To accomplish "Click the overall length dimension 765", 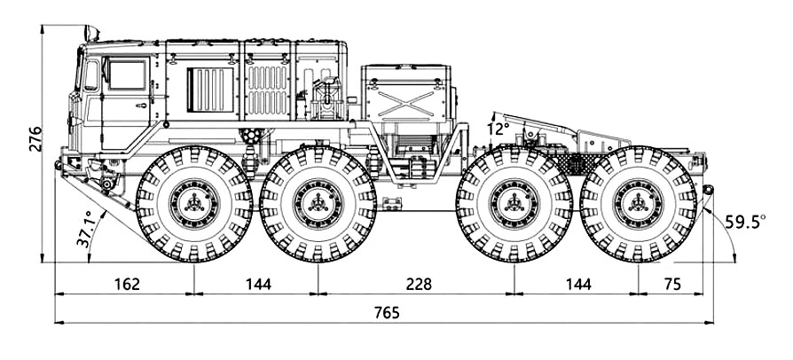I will pyautogui.click(x=387, y=312).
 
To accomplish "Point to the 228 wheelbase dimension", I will pyautogui.click(x=414, y=285).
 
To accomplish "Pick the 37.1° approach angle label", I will pyautogui.click(x=86, y=229).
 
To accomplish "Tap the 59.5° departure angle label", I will pyautogui.click(x=744, y=223).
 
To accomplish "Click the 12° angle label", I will pyautogui.click(x=499, y=129).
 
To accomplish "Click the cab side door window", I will pyautogui.click(x=127, y=74).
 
